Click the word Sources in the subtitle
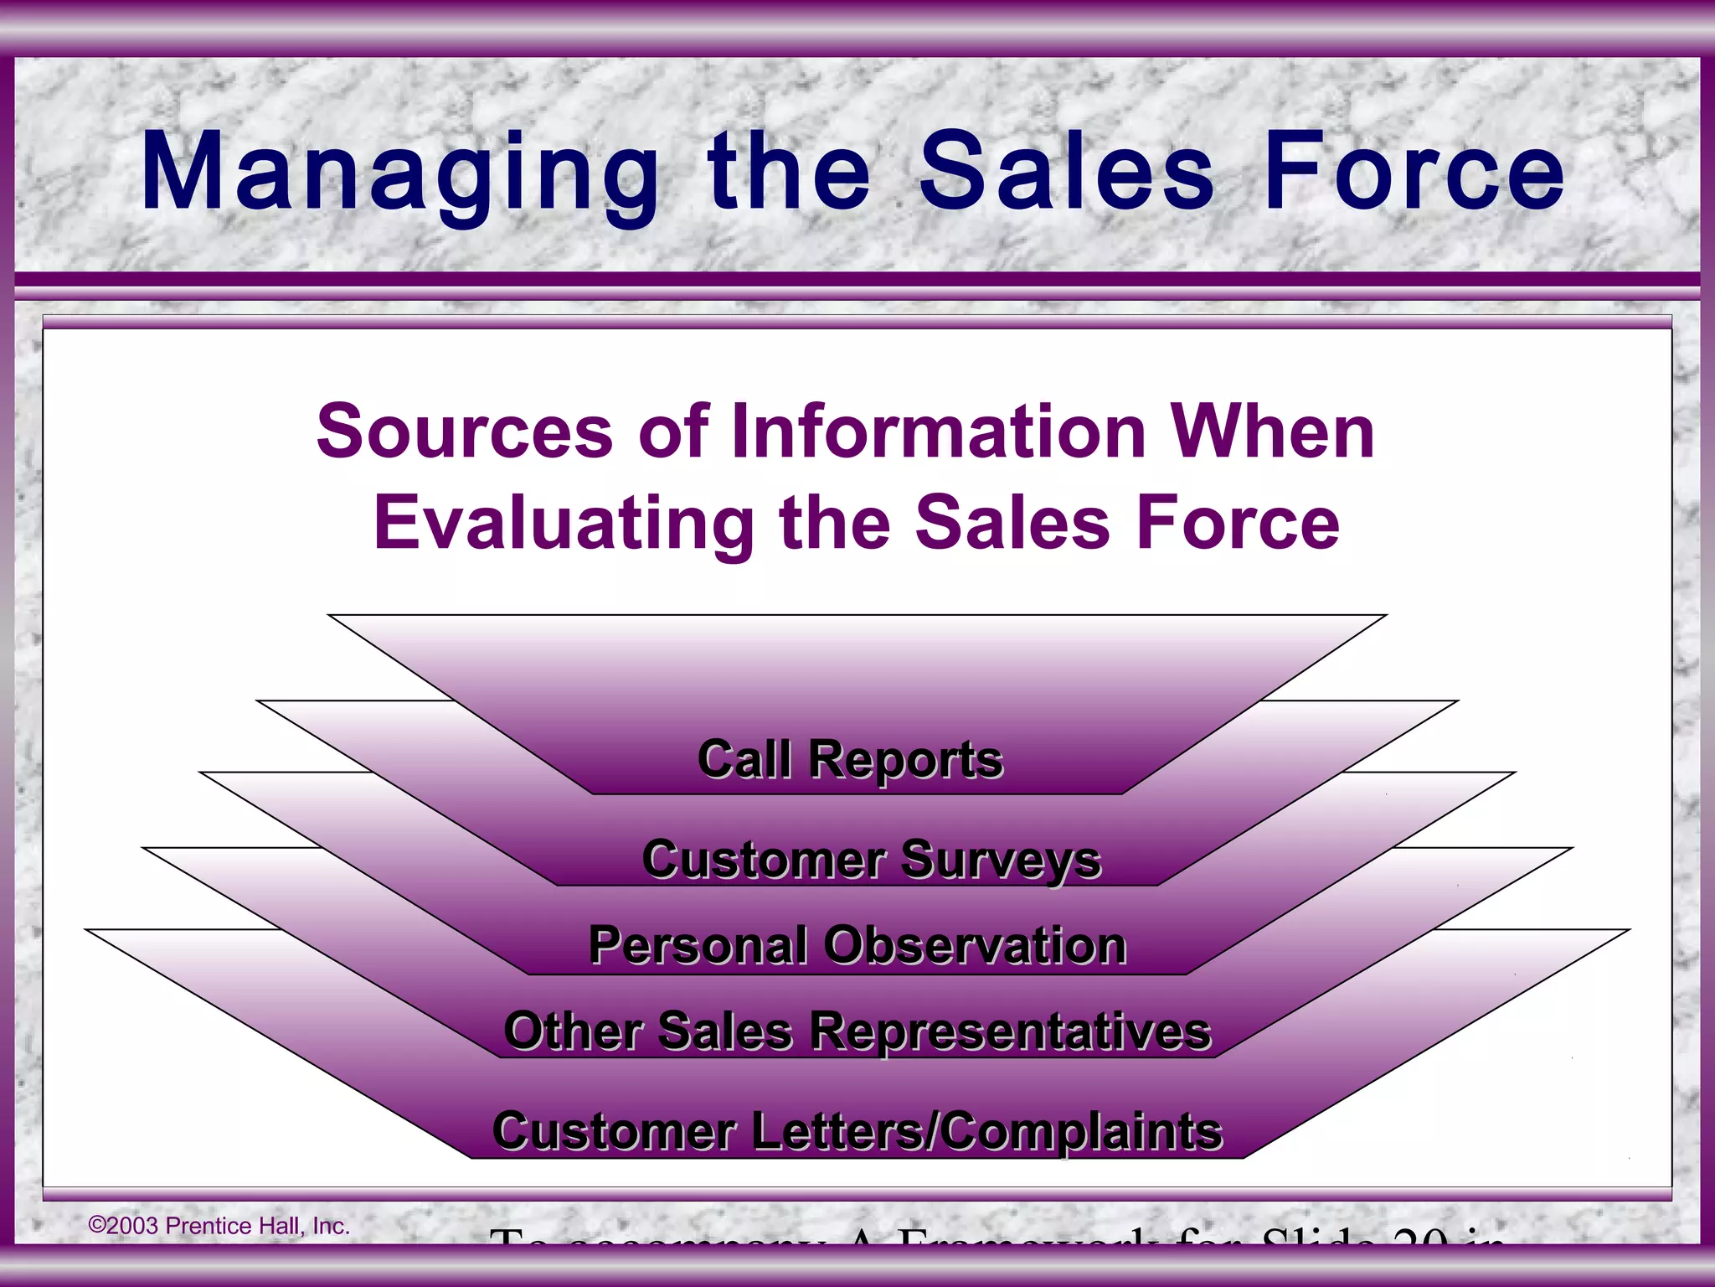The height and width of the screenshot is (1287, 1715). coord(465,432)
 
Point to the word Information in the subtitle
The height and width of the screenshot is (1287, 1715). coord(939,432)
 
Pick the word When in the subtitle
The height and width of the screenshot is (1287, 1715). coord(1272,432)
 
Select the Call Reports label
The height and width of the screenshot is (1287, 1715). coord(850,760)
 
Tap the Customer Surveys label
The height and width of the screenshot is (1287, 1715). coord(871,860)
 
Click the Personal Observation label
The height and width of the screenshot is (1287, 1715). coord(857,945)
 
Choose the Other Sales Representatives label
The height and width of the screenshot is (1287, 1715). coord(857,1031)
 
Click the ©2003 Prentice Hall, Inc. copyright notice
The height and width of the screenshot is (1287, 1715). coord(219,1226)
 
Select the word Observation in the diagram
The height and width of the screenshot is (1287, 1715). coord(975,945)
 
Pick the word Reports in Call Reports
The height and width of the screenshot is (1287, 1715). coord(905,760)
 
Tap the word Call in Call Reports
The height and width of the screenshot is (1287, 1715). coord(744,760)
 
